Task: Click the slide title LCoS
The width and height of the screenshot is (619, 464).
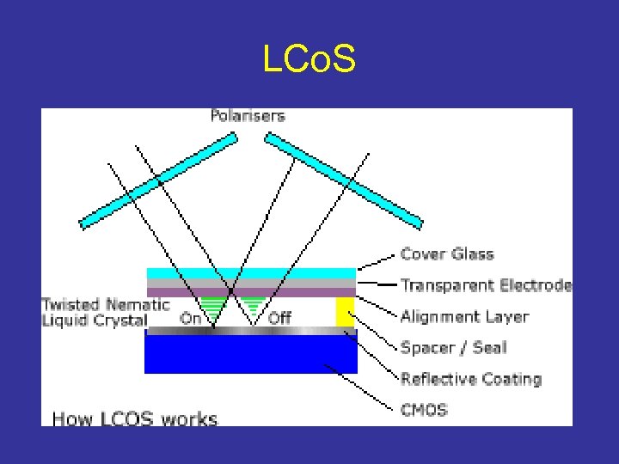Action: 309,60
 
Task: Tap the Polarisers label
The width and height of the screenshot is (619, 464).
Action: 248,116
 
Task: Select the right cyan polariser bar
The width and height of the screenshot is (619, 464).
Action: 343,180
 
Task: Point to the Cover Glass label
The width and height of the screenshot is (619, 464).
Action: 447,254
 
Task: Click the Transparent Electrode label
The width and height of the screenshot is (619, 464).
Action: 486,285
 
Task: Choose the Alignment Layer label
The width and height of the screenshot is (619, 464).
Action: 464,316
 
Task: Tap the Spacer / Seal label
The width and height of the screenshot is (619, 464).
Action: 453,348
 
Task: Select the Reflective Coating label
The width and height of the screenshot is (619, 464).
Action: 470,379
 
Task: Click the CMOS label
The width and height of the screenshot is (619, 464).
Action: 424,410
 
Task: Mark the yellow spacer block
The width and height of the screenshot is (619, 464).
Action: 345,312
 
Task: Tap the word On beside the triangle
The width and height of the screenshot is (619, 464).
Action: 190,318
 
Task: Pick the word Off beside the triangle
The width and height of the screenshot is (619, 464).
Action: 280,318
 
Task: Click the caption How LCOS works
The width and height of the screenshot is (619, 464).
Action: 135,419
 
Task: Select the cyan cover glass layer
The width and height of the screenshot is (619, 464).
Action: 250,273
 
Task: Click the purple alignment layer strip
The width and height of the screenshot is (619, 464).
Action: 250,292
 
